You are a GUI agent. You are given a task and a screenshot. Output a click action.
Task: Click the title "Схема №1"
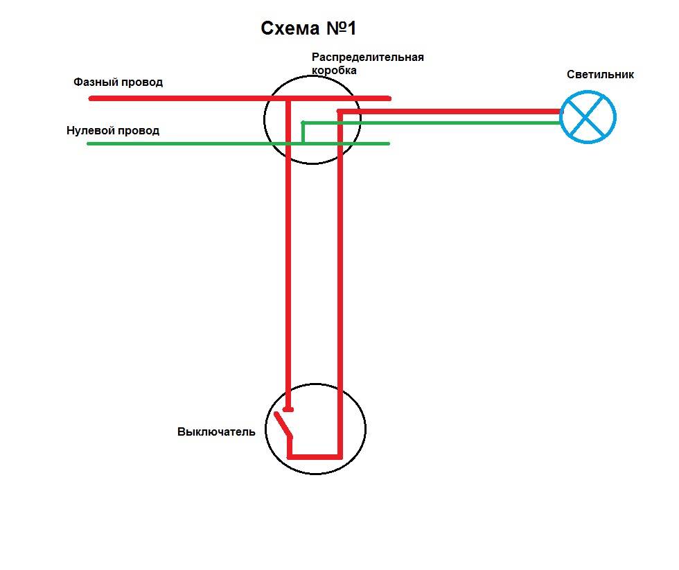pos(308,28)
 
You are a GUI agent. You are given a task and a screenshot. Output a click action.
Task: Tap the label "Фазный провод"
pos(118,82)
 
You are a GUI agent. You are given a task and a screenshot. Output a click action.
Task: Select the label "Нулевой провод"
pos(113,130)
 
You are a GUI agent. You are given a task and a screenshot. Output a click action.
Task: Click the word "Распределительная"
pos(367,57)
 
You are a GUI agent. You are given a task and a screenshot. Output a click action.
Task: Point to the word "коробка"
pos(334,70)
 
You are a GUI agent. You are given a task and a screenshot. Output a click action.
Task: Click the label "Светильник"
pos(600,74)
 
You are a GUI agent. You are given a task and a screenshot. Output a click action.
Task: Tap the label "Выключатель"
pos(216,431)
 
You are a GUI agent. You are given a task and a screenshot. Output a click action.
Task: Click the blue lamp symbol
pos(588,117)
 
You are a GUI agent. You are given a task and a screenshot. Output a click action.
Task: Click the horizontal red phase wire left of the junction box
pos(180,98)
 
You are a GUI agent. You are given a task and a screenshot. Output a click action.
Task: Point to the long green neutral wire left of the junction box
pos(180,143)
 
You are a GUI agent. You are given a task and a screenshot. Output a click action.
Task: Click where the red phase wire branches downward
pos(288,99)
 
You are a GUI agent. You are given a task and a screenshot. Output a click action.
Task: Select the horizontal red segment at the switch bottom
pos(315,456)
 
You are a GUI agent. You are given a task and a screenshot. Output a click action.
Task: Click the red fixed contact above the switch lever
pos(288,409)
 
